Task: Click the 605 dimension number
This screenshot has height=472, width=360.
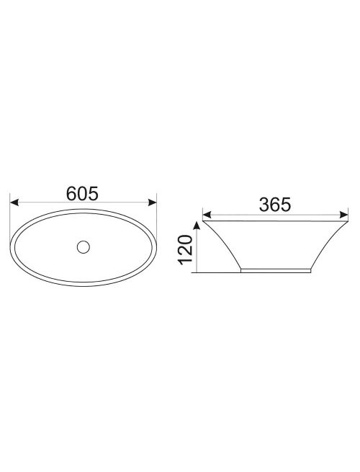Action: [x=82, y=194]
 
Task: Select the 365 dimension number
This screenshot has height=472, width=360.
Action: [x=275, y=205]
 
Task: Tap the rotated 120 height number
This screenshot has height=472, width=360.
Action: [x=185, y=250]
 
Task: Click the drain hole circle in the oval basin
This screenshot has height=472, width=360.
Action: [x=84, y=247]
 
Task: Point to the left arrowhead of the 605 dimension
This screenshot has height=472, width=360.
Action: [x=14, y=202]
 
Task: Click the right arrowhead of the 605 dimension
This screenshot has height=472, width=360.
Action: [x=153, y=202]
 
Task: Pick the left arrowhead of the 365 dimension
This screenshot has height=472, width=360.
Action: [x=207, y=215]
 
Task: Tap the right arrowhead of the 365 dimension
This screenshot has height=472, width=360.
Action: [x=344, y=215]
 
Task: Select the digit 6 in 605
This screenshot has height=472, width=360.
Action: [x=71, y=194]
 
